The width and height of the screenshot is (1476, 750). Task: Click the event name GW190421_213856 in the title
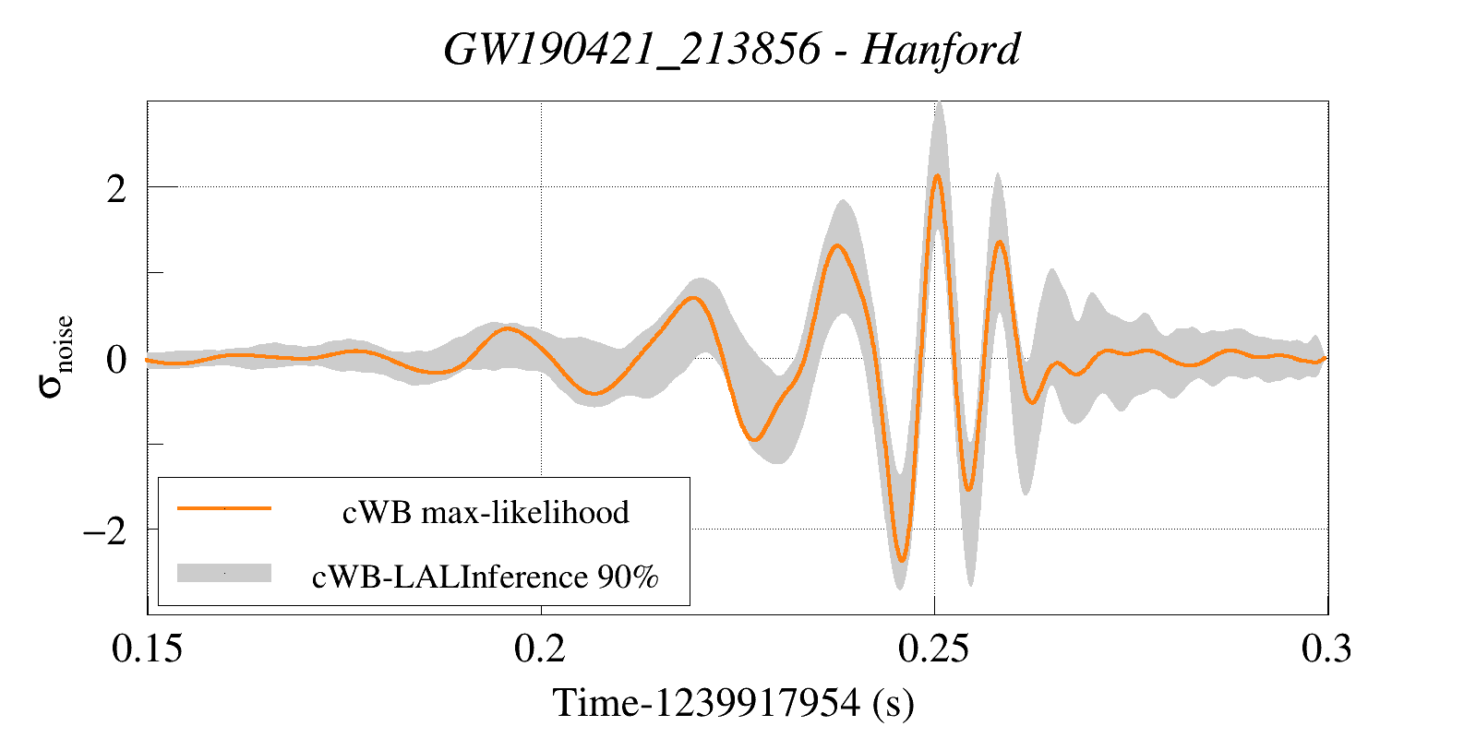point(631,49)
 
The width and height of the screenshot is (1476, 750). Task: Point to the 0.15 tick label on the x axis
point(147,649)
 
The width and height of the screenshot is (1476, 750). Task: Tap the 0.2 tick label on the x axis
point(540,649)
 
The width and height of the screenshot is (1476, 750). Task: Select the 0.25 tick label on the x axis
point(933,649)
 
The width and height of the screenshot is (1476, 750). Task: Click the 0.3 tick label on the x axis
point(1326,649)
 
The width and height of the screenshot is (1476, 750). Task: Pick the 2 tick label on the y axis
point(116,189)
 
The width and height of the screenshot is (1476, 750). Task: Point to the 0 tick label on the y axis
point(116,360)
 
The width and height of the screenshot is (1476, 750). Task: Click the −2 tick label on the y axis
point(104,531)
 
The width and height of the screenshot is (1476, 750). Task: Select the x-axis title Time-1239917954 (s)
point(733,703)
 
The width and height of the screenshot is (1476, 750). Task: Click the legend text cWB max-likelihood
point(486,512)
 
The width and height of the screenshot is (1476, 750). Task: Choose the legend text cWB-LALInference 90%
point(486,577)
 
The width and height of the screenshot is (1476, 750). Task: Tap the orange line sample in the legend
point(224,507)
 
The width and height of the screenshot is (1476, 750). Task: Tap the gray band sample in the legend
point(224,573)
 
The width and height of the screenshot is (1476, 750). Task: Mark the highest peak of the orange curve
point(937,175)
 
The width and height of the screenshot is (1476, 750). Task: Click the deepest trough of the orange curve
point(902,560)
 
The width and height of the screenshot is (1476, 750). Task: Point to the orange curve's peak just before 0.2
point(507,328)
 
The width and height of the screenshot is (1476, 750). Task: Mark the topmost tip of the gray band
point(939,101)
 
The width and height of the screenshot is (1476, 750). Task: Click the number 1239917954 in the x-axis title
point(757,703)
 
